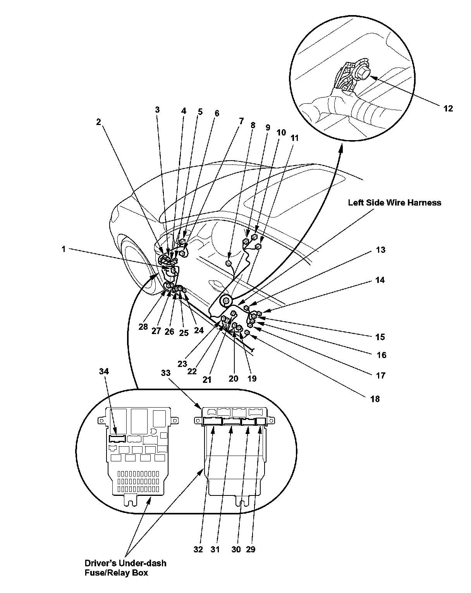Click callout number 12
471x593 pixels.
pos(448,109)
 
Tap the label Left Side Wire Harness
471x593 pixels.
pos(394,202)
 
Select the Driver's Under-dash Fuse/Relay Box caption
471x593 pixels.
pos(125,567)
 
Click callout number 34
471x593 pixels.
pos(104,372)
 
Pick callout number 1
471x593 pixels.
pos(64,249)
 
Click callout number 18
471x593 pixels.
pos(375,399)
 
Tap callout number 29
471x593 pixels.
pos(251,549)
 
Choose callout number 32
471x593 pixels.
pos(198,549)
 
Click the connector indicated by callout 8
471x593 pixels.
pos(229,264)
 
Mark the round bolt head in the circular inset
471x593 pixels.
pos(363,72)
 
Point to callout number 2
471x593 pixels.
pos(98,122)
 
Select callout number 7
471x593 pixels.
pos(241,121)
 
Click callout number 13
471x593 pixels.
pos(381,250)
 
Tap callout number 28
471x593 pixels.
pos(143,326)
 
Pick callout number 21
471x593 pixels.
pos(207,380)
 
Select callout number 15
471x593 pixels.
pos(380,337)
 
